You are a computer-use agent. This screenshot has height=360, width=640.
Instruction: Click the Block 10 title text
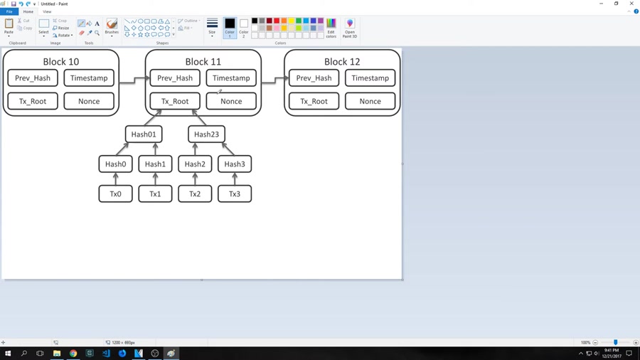pyautogui.click(x=60, y=62)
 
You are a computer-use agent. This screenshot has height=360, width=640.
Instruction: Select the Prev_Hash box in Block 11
pyautogui.click(x=175, y=78)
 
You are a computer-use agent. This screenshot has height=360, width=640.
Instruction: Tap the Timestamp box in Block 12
pyautogui.click(x=370, y=78)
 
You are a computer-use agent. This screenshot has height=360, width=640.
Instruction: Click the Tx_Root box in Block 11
pyautogui.click(x=175, y=101)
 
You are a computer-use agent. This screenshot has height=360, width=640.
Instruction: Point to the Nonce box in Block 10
pyautogui.click(x=89, y=101)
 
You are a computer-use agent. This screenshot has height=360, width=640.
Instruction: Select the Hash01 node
pyautogui.click(x=144, y=134)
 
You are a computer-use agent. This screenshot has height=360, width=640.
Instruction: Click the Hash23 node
pyautogui.click(x=206, y=134)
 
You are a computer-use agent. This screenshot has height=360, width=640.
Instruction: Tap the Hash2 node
pyautogui.click(x=195, y=164)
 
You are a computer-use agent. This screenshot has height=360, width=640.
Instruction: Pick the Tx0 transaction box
pyautogui.click(x=115, y=194)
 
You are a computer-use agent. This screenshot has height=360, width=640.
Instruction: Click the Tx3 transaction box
pyautogui.click(x=235, y=194)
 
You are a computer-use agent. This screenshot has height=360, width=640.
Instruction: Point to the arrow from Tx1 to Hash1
pyautogui.click(x=155, y=179)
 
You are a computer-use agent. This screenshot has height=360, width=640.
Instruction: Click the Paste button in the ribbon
pyautogui.click(x=9, y=26)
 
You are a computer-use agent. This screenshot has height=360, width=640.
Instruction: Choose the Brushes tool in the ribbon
pyautogui.click(x=112, y=26)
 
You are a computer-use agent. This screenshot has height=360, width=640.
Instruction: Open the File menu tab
pyautogui.click(x=9, y=12)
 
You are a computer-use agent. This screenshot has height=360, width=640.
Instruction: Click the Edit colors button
pyautogui.click(x=331, y=28)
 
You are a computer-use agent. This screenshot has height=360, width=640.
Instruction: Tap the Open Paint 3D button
pyautogui.click(x=349, y=28)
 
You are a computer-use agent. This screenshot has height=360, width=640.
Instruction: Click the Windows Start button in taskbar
pyautogui.click(x=8, y=354)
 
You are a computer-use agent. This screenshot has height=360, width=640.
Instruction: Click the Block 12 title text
pyautogui.click(x=342, y=62)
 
